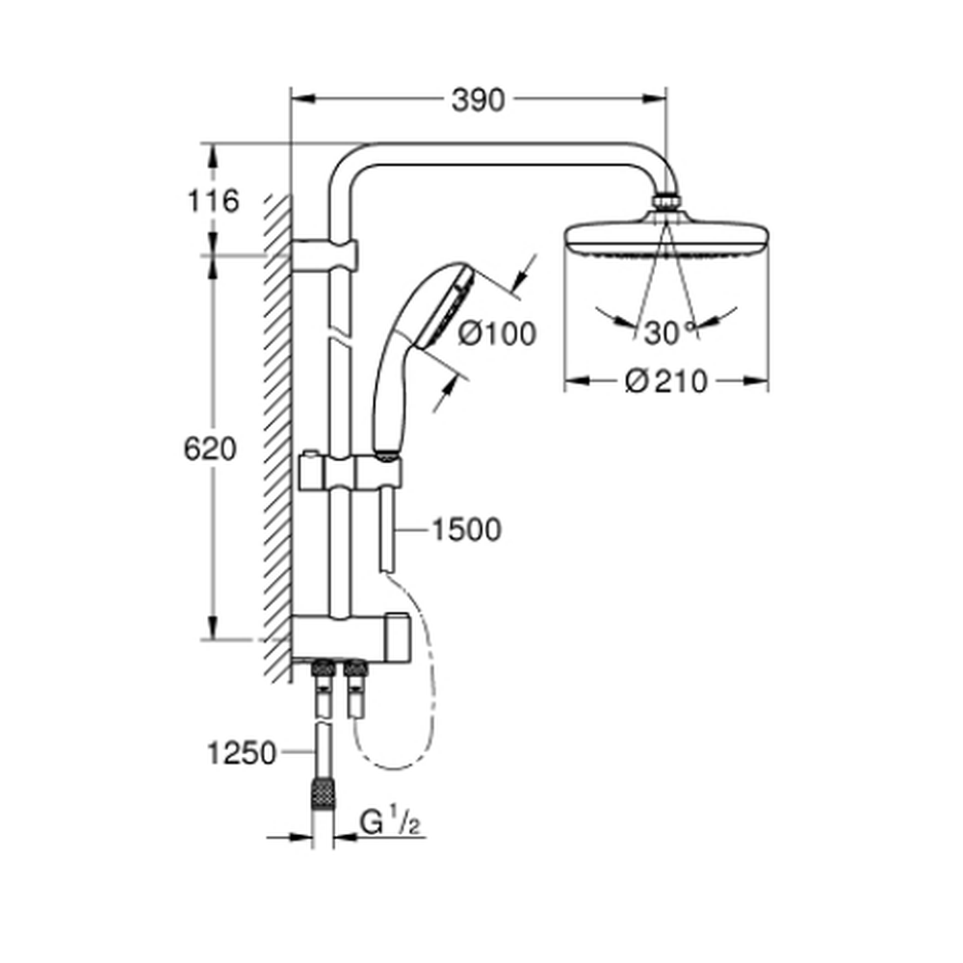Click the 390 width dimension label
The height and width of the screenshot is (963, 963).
tap(478, 101)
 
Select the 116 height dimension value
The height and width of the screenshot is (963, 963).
tap(213, 201)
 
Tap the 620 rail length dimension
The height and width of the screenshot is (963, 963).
tap(210, 449)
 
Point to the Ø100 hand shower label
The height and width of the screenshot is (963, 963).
tap(498, 334)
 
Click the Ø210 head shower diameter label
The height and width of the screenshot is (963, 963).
tap(666, 381)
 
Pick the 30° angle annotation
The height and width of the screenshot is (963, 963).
tap(668, 333)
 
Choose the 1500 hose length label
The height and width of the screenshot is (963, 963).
tap(467, 530)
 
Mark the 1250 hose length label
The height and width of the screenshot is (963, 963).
tap(242, 754)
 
